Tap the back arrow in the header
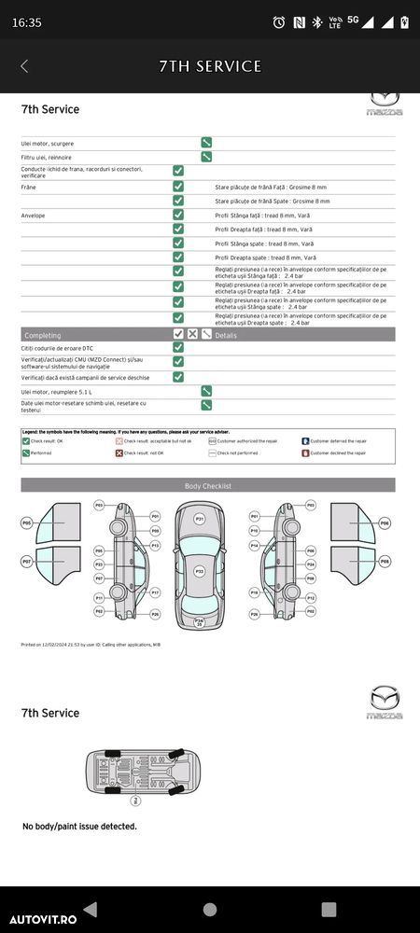click(x=24, y=66)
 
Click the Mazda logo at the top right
click(x=384, y=103)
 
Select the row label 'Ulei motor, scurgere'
click(x=48, y=144)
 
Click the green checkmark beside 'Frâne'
click(x=178, y=187)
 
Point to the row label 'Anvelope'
click(x=34, y=215)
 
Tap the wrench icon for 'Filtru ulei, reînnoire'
click(x=206, y=157)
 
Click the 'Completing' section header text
click(x=43, y=334)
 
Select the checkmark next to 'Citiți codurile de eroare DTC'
click(x=178, y=347)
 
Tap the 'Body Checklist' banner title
click(x=208, y=486)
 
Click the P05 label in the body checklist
click(x=27, y=523)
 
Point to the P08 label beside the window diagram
click(x=385, y=562)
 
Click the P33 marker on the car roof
click(x=199, y=570)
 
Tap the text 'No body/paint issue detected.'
click(x=79, y=827)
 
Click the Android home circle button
click(x=210, y=909)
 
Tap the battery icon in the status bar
click(x=403, y=21)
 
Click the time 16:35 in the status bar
click(x=27, y=22)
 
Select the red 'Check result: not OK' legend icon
click(x=119, y=453)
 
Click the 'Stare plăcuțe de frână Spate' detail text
click(x=272, y=201)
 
